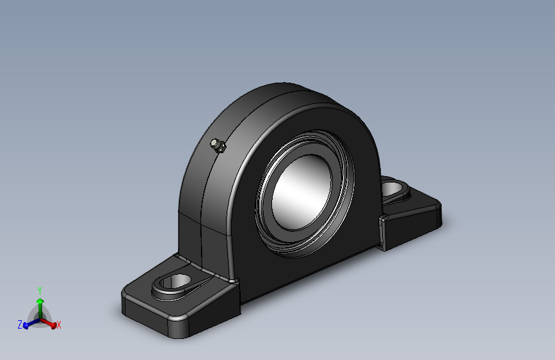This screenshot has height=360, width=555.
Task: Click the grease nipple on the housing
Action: (x=218, y=145)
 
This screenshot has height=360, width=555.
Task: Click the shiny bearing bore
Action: (x=302, y=193)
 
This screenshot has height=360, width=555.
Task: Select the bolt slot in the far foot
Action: (x=392, y=188)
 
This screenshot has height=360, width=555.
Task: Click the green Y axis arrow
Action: (x=40, y=307)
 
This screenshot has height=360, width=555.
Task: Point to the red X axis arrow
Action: (x=48, y=323)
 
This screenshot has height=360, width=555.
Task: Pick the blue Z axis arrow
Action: (x=31, y=323)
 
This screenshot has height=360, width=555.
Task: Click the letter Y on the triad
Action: (x=40, y=291)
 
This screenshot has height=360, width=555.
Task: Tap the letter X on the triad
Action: (x=59, y=325)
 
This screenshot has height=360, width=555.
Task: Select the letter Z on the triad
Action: (x=20, y=324)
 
